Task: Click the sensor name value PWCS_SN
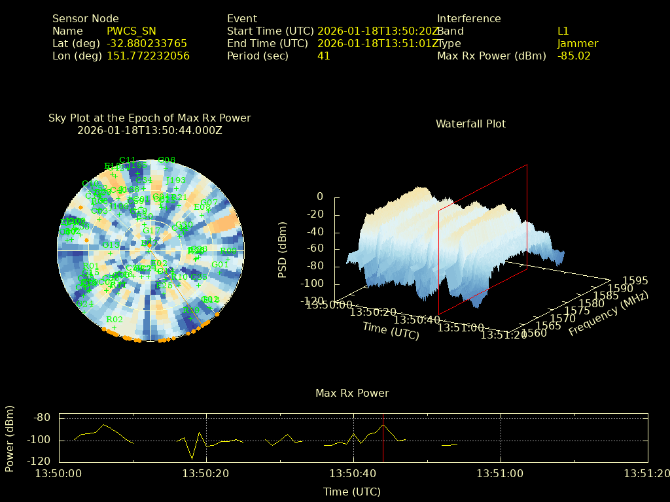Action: [x=132, y=31]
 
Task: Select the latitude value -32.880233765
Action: [x=147, y=43]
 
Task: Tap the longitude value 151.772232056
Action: [x=148, y=56]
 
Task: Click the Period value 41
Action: [x=323, y=56]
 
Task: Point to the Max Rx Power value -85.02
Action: [x=574, y=56]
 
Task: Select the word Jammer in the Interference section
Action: [x=578, y=43]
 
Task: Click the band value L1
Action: [x=563, y=31]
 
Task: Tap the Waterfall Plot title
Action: [x=470, y=124]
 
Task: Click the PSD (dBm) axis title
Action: [x=283, y=248]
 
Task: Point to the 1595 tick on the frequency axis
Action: [x=635, y=280]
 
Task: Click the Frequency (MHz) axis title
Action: [x=608, y=314]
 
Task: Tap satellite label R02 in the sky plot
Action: [x=115, y=320]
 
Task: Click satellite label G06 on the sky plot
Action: [x=167, y=159]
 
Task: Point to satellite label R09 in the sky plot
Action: [x=228, y=251]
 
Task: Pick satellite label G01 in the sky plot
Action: [x=220, y=265]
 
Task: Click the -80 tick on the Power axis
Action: [x=43, y=418]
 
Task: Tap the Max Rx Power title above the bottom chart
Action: [x=352, y=393]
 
